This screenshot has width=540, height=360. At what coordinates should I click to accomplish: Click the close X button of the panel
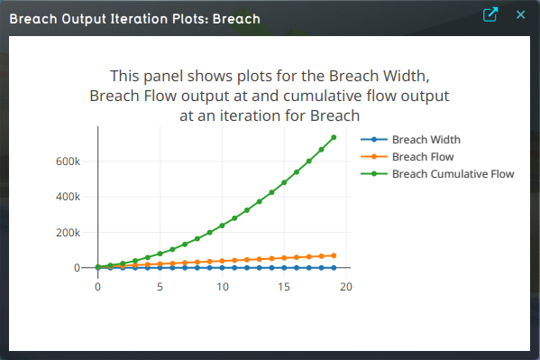520,15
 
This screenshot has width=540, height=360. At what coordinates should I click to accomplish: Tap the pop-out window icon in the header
490,15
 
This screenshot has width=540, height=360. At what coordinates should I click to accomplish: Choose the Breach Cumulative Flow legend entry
453,173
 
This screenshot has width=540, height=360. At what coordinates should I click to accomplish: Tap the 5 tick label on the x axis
160,287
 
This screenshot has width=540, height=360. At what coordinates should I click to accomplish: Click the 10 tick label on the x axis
222,287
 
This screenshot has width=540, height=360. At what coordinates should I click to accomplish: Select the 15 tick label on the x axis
284,287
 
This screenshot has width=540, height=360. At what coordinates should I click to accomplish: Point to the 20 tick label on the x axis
346,287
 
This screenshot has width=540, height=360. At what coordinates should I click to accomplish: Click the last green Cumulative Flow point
334,137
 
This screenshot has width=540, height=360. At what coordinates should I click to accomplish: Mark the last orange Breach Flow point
334,255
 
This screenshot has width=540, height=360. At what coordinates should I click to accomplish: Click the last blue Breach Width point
334,268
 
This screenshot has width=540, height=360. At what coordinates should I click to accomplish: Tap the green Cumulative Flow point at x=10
222,226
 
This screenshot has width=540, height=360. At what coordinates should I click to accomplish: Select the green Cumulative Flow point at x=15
284,182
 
